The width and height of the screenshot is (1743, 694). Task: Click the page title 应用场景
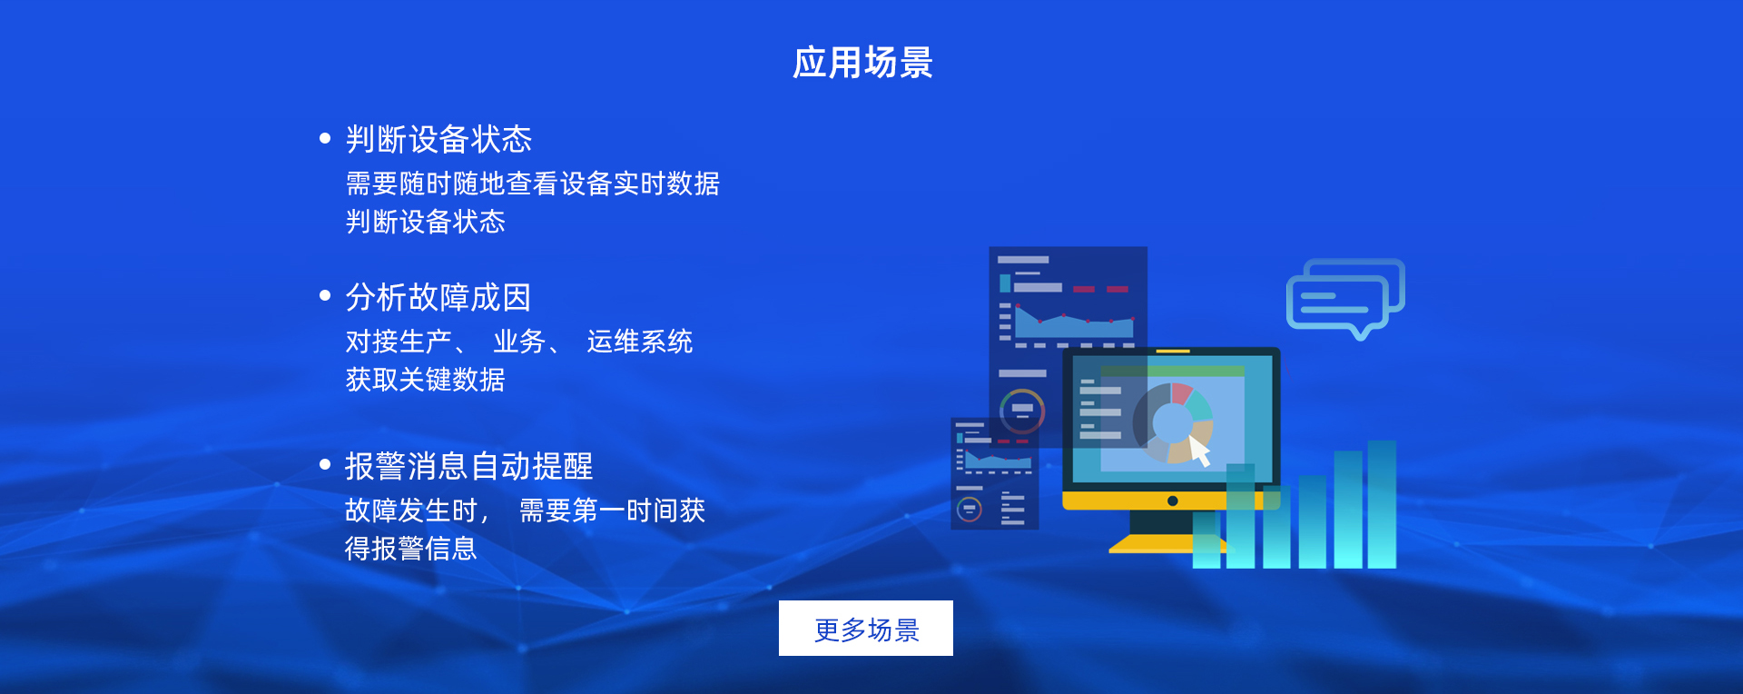pos(863,63)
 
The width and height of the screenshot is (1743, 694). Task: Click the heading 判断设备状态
pos(438,139)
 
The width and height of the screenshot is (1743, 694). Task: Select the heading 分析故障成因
pos(438,297)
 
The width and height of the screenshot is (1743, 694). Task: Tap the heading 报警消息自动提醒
pos(468,466)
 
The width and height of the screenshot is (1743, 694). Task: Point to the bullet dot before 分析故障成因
pos(325,295)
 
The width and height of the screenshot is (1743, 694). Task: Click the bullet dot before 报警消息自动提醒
pos(325,464)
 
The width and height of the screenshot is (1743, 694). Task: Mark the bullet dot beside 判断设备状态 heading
pos(325,138)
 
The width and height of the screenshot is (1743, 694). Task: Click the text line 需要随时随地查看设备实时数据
pos(533,183)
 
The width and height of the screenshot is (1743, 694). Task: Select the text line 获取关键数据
pos(425,379)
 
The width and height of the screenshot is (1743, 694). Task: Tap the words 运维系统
pos(640,342)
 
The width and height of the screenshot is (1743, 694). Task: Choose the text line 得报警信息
pos(411,549)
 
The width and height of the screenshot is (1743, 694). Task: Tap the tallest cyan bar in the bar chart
pos(1382,504)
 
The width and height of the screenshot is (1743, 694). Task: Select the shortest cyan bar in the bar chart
pos(1206,540)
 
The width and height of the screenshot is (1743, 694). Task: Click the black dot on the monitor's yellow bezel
pos(1172,501)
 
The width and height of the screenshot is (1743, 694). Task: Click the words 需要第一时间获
pos(613,511)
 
